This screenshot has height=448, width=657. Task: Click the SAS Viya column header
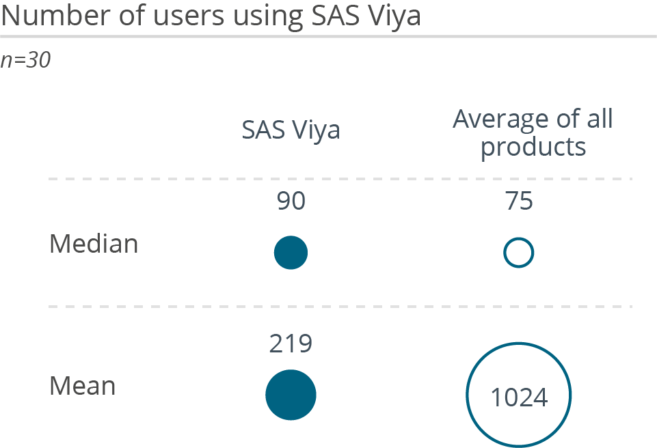click(x=291, y=130)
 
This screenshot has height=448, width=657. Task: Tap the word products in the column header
click(x=533, y=147)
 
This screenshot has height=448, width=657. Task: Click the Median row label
click(x=94, y=244)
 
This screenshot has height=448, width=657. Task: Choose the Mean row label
click(x=83, y=387)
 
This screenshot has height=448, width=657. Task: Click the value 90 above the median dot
click(x=291, y=202)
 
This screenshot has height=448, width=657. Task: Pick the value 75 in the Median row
click(x=519, y=202)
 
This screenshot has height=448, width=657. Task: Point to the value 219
click(x=291, y=344)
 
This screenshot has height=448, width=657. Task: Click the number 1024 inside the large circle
click(x=519, y=397)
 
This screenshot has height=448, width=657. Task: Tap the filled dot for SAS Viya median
click(x=291, y=253)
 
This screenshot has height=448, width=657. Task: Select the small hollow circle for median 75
click(x=518, y=253)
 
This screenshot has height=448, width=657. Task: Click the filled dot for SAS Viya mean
click(x=291, y=395)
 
